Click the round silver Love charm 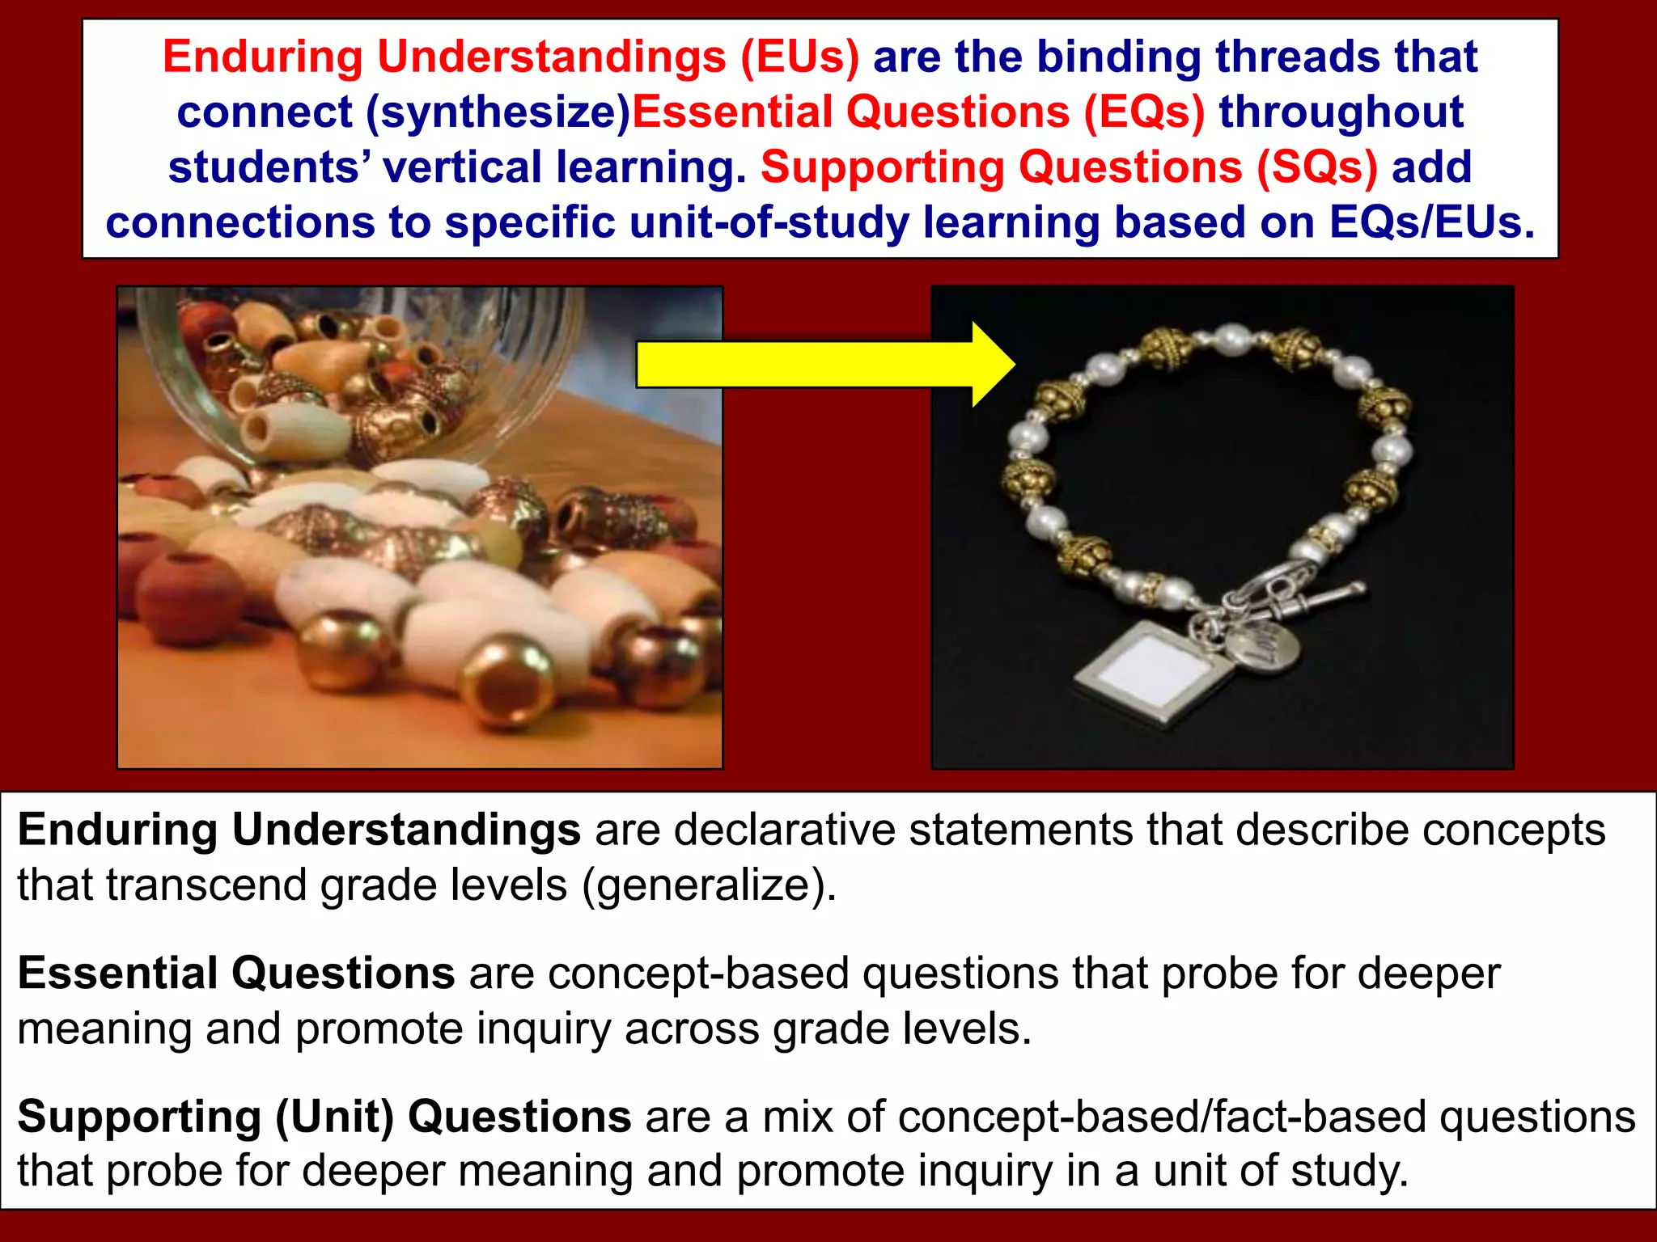(1263, 646)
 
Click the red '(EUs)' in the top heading (800, 57)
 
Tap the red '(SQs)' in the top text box (1316, 167)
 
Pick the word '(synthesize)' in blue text (498, 112)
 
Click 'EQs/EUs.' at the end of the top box (1431, 222)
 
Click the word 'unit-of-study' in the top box (769, 222)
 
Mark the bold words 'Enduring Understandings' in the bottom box (299, 830)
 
